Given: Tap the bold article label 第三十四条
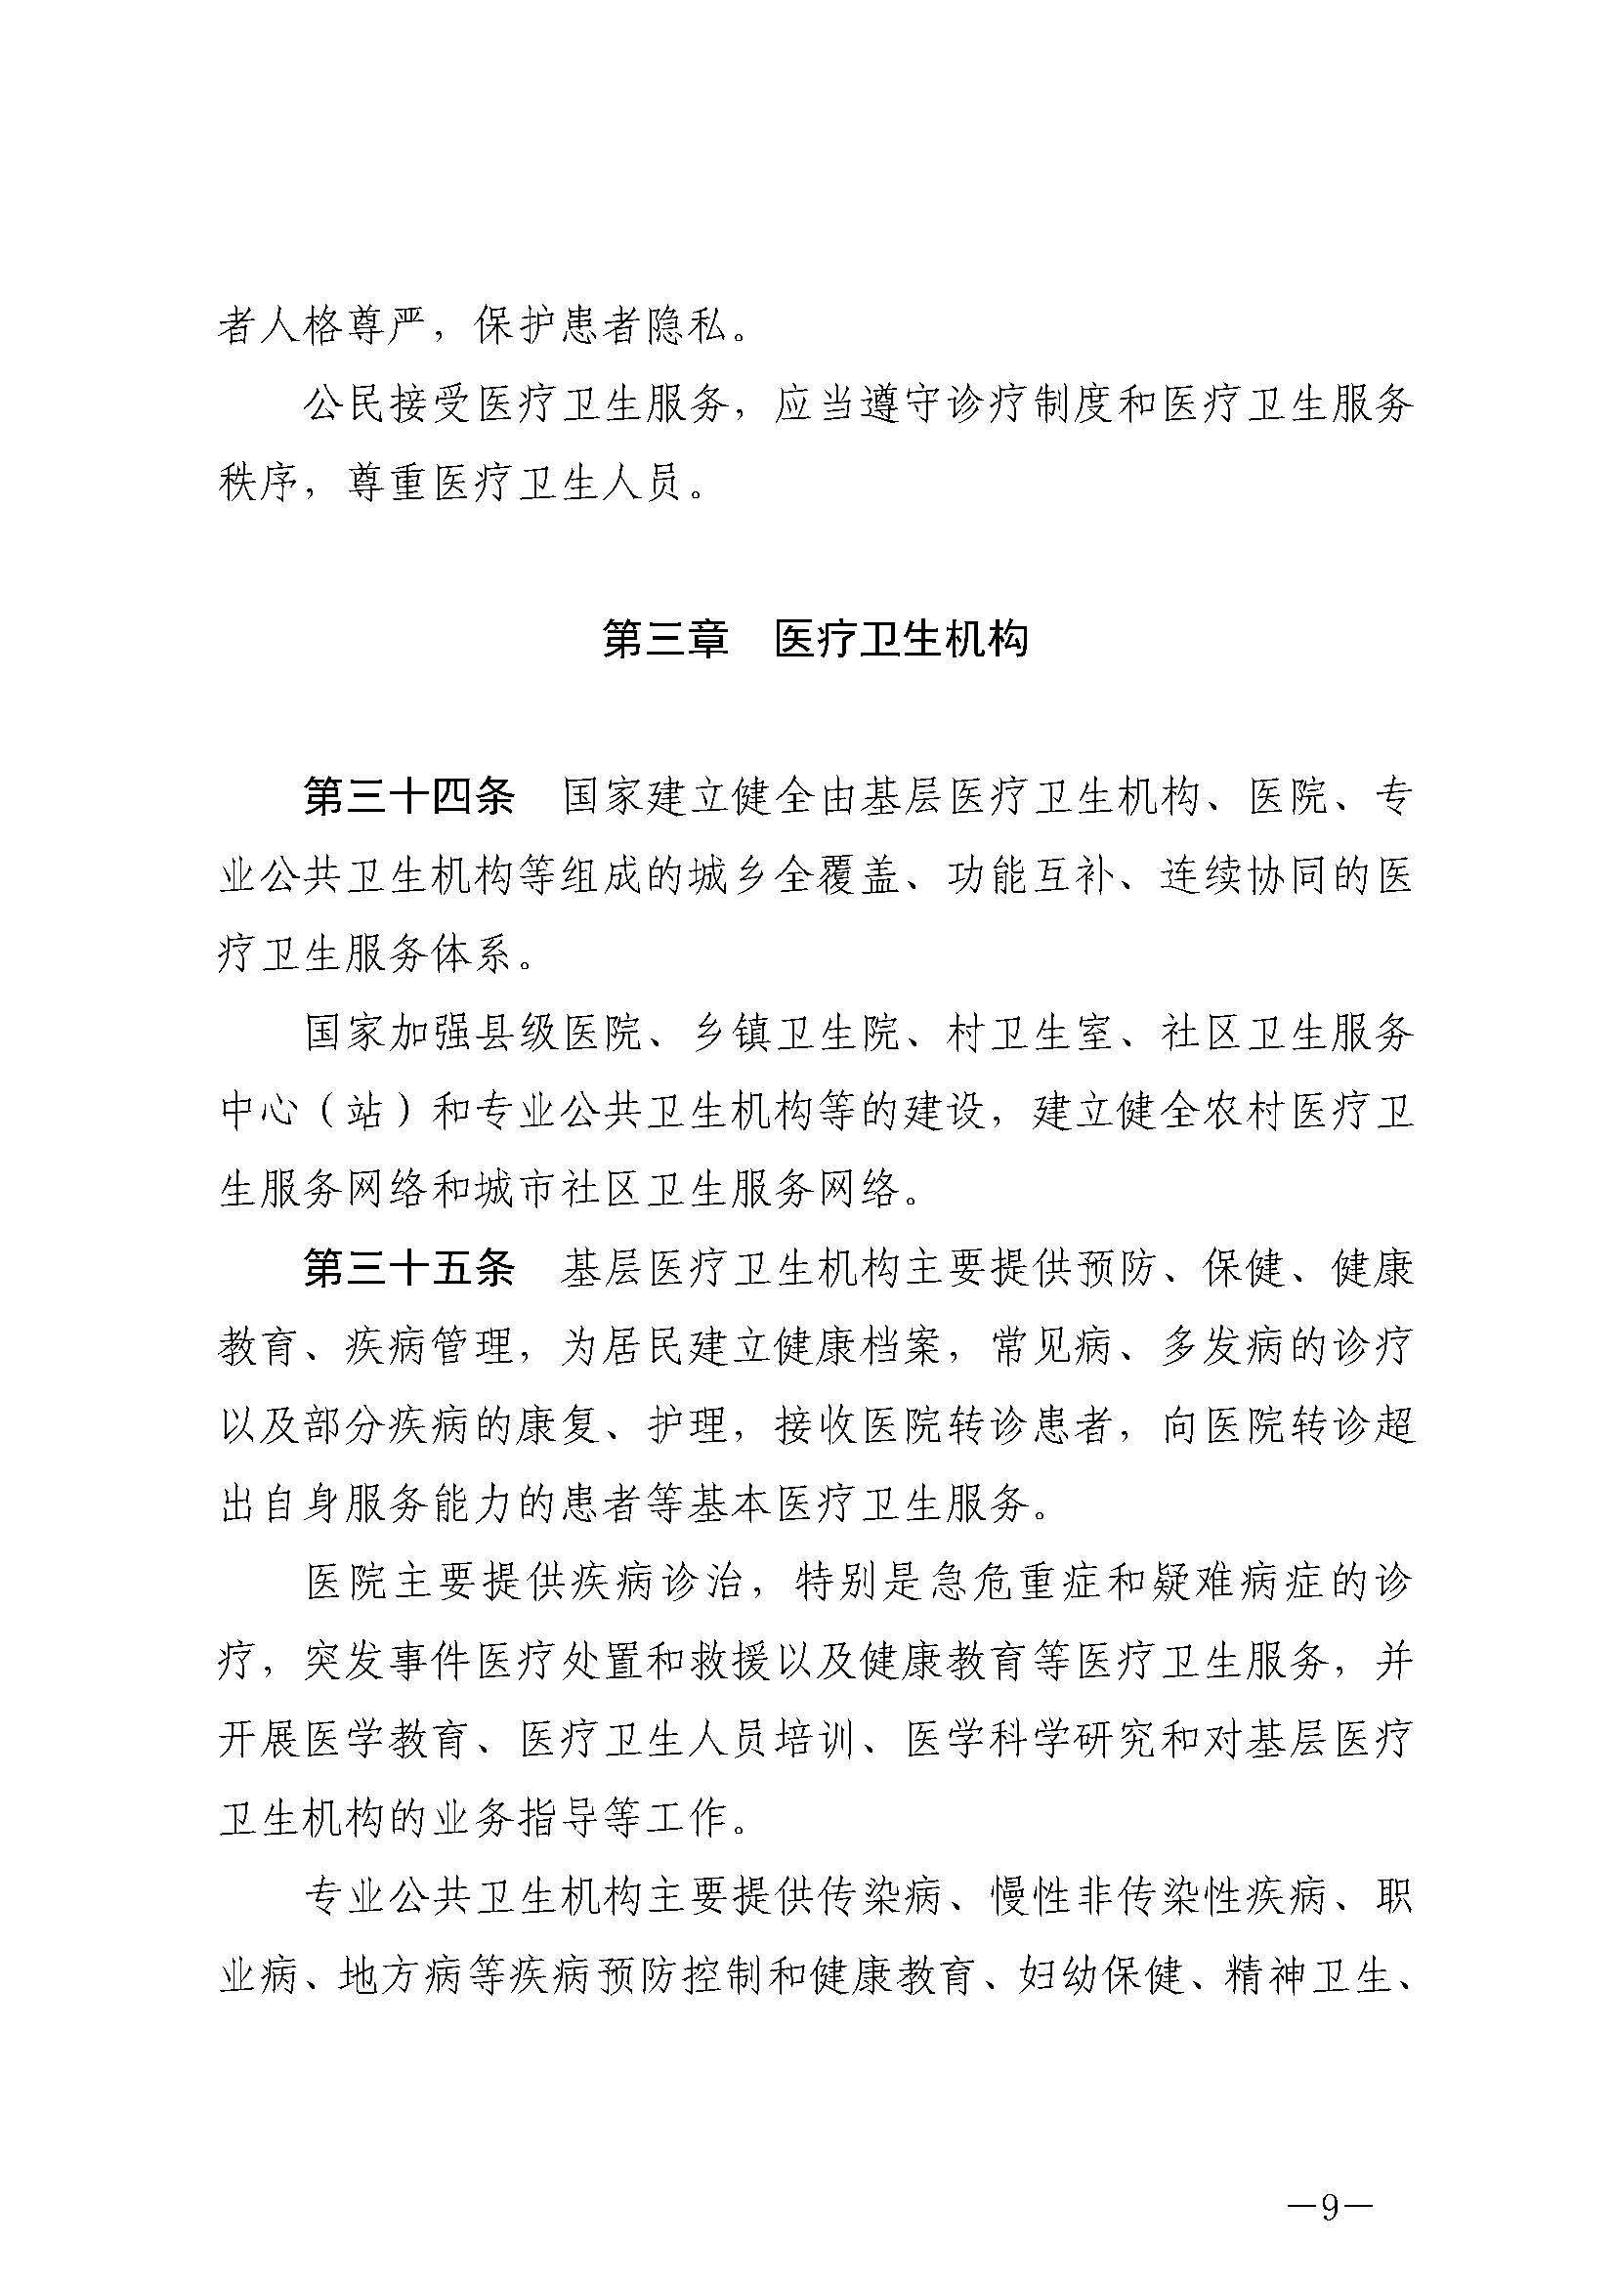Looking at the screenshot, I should point(409,799).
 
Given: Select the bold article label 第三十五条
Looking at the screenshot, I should point(409,1271).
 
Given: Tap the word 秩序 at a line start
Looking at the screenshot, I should point(258,485).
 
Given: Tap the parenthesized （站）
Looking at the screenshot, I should point(364,1114).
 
